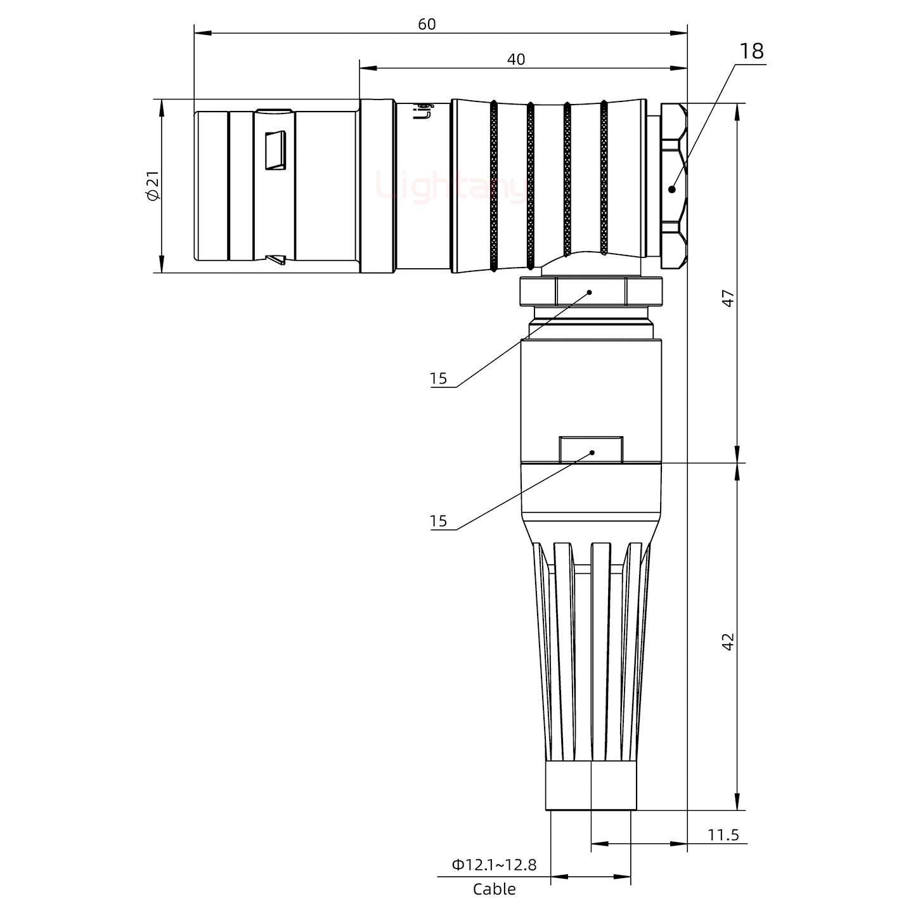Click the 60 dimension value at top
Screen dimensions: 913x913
pyautogui.click(x=427, y=24)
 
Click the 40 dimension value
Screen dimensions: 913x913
pyautogui.click(x=516, y=60)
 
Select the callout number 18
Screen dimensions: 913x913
pyautogui.click(x=751, y=51)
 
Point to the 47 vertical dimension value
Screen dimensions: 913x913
pyautogui.click(x=728, y=298)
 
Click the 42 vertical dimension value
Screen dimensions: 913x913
pyautogui.click(x=728, y=641)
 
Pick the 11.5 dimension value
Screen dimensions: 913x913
pyautogui.click(x=723, y=834)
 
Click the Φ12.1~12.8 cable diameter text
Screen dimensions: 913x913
pyautogui.click(x=494, y=864)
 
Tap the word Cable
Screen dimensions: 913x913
pyautogui.click(x=494, y=889)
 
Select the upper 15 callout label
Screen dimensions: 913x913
pyautogui.click(x=438, y=379)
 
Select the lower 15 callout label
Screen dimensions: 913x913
pyautogui.click(x=438, y=521)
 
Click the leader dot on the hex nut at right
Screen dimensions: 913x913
pyautogui.click(x=672, y=188)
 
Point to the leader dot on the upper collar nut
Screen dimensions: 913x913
pyautogui.click(x=589, y=292)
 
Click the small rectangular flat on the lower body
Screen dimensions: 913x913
pyautogui.click(x=591, y=450)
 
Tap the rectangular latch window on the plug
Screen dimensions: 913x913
pyautogui.click(x=275, y=151)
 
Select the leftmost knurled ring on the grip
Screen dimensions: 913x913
pyautogui.click(x=494, y=187)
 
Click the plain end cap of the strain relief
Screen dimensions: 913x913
pyautogui.click(x=591, y=786)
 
